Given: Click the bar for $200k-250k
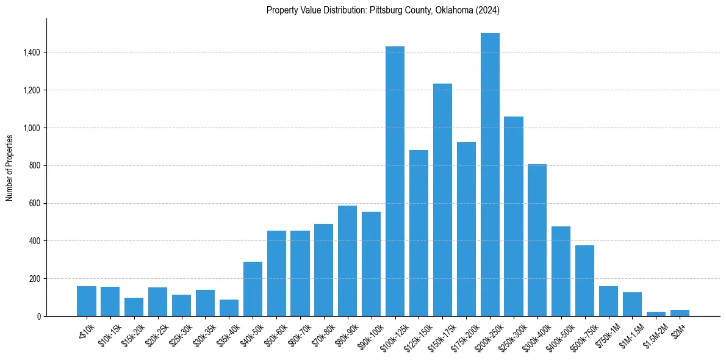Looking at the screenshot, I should point(490,175).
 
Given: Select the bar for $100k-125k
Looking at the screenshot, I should point(395,181).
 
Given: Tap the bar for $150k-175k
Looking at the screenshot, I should point(442,200).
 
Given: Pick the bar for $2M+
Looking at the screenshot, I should point(680,313).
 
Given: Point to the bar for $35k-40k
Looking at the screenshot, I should point(229,308).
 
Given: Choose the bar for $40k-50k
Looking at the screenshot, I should point(253,289).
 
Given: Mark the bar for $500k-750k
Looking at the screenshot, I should point(584,281).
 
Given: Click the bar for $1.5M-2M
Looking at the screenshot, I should point(656,314).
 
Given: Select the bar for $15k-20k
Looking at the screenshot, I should point(134,307).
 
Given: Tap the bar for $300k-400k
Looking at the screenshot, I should point(537,240).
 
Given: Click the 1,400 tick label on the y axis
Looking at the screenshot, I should point(32,52).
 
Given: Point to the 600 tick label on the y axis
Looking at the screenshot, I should point(35,203).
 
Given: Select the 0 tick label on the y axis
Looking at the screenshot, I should point(39,316).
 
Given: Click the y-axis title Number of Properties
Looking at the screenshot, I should point(10,167).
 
